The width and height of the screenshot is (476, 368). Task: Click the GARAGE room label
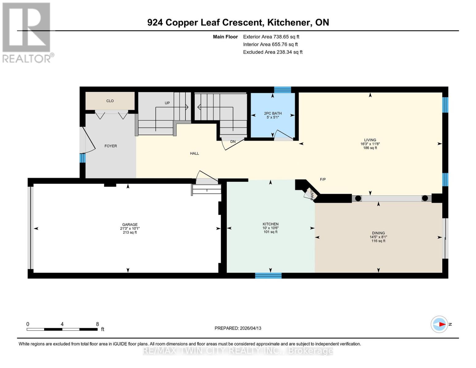[x=130, y=224]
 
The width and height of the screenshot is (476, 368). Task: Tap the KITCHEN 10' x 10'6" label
[x=270, y=228]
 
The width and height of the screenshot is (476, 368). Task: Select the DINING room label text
[x=378, y=233]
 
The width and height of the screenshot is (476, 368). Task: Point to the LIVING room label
[x=370, y=140]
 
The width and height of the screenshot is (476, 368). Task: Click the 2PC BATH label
[x=273, y=113]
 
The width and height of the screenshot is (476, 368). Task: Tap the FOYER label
[x=111, y=146]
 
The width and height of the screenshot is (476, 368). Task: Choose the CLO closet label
[x=110, y=101]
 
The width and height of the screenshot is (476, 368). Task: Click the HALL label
[x=194, y=153]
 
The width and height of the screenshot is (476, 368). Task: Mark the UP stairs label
[x=167, y=103]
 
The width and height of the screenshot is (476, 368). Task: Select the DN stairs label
[x=233, y=142]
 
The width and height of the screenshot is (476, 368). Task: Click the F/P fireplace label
[x=323, y=179]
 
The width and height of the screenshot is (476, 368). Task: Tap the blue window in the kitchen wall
[x=268, y=275]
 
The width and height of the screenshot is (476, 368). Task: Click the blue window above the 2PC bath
[x=282, y=90]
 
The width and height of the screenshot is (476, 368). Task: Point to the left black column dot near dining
[x=358, y=198]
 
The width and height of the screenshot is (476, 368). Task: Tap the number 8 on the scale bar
[x=97, y=324]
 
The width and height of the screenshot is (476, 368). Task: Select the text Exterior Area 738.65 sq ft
[x=271, y=37]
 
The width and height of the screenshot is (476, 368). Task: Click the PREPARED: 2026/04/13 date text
[x=238, y=328]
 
